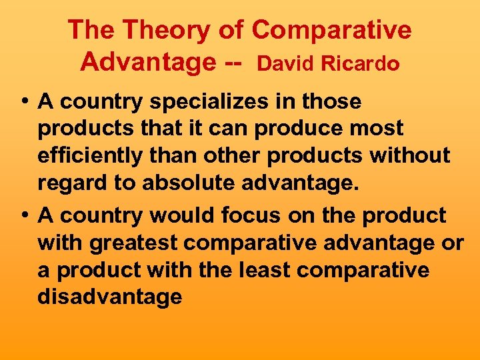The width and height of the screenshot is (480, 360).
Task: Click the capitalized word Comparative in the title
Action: click(332, 30)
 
